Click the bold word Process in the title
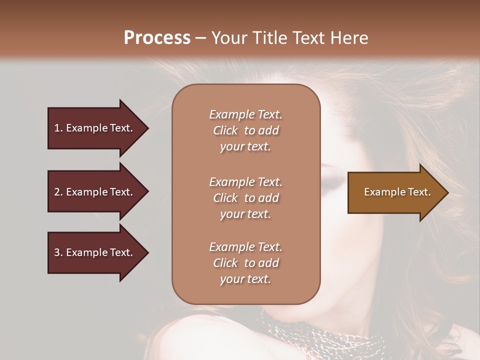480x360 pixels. pos(157,38)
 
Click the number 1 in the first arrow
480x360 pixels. pos(57,128)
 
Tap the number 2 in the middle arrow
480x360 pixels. pos(57,192)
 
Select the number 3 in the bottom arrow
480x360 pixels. pos(57,252)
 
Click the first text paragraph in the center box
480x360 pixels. pos(245,130)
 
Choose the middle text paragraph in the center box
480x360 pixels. pos(245,198)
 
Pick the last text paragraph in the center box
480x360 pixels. pos(245,263)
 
